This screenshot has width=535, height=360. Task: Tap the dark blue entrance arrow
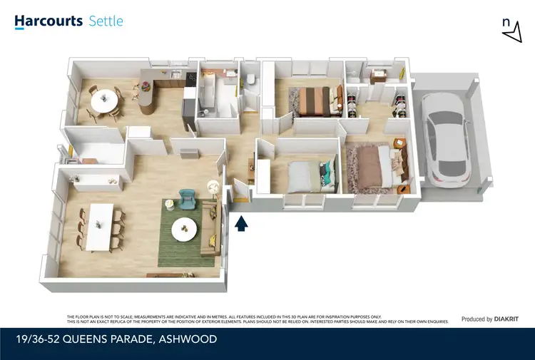point(241,224)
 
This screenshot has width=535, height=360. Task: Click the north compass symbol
point(508,29)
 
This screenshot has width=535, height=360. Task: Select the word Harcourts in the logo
point(48,21)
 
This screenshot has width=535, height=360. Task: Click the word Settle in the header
point(106,21)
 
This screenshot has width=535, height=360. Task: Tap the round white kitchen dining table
point(104,101)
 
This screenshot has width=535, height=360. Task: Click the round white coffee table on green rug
point(187,228)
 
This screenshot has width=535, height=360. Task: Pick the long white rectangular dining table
point(101,227)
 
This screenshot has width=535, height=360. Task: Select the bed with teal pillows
point(308,173)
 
